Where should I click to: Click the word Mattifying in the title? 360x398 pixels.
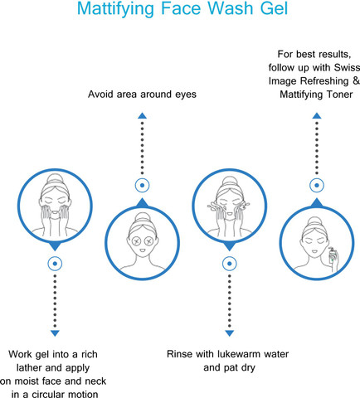(115, 9)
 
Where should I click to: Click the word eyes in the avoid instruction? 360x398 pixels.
(186, 95)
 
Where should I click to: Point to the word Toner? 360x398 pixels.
(339, 95)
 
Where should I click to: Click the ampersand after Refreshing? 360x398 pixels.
(356, 80)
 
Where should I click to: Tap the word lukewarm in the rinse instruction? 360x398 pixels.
(240, 354)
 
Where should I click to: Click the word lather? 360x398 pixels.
(29, 367)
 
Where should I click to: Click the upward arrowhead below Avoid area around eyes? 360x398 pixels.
(142, 116)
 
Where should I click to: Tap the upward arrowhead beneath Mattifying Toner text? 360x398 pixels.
(317, 116)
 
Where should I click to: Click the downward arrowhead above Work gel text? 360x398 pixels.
(55, 333)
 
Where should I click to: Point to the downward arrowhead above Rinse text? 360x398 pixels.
(230, 333)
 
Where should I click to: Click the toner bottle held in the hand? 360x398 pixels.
(332, 255)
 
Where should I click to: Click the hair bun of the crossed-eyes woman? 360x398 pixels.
(143, 217)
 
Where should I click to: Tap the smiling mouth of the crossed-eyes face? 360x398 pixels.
(142, 251)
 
